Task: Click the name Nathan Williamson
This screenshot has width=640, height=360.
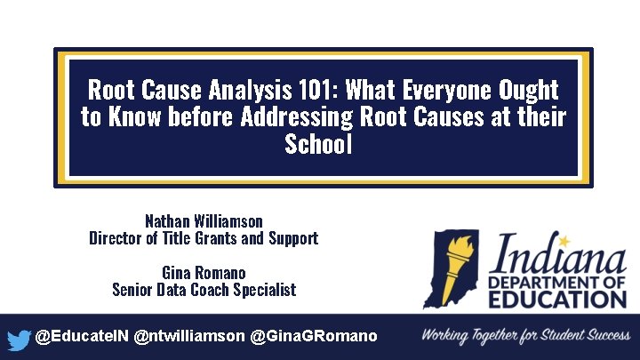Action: click(204, 220)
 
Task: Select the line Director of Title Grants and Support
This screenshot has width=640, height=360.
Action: click(204, 238)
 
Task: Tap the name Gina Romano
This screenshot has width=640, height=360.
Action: click(204, 272)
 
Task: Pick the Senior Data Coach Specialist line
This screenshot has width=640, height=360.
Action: click(204, 290)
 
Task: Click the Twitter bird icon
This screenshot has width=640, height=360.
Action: click(18, 339)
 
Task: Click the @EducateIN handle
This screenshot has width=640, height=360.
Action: click(81, 337)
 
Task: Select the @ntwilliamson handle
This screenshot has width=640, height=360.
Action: click(189, 337)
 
